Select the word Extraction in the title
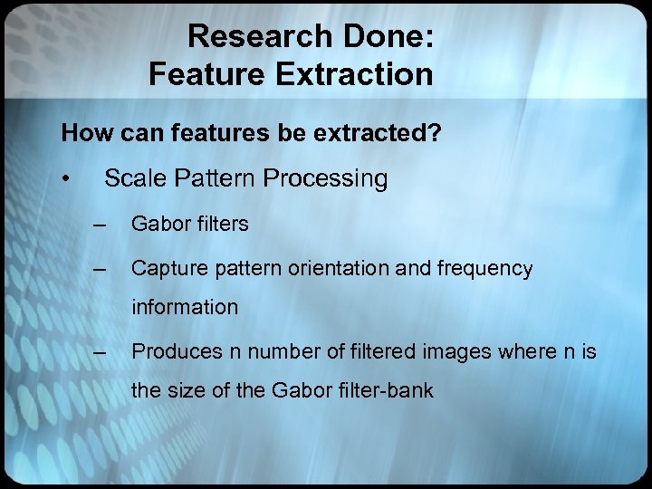(357, 74)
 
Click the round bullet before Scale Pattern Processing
(66, 179)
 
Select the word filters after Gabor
(222, 224)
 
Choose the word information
(185, 307)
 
